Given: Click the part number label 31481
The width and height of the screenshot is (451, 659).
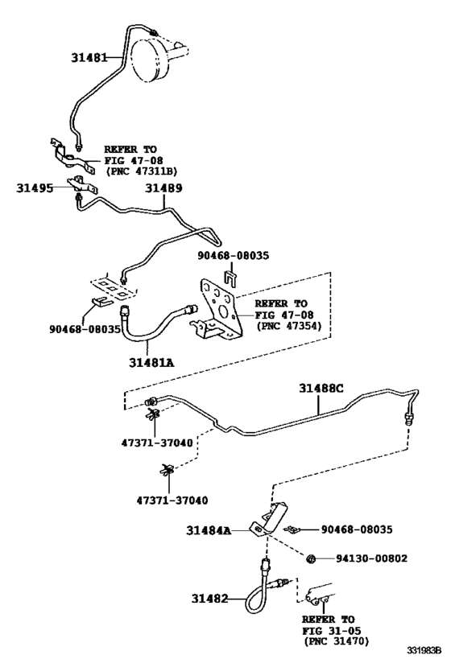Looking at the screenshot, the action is (89, 57).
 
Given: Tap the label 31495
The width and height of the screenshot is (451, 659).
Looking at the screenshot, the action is (35, 187).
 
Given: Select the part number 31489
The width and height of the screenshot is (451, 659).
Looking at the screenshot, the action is (164, 187).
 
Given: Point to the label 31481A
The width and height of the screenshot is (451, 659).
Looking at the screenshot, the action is (151, 362).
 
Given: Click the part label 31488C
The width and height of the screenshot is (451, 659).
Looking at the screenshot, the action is (321, 388).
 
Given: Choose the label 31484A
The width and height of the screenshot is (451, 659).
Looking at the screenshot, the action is (209, 531).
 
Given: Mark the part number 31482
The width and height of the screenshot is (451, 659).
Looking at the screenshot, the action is (209, 598).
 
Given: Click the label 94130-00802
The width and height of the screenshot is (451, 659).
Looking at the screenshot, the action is (371, 558).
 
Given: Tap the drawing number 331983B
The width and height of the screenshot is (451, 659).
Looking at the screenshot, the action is (424, 651).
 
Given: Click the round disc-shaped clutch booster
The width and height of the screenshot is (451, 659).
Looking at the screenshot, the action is (149, 59).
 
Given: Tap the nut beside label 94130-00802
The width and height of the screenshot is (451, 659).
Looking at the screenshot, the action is (311, 559).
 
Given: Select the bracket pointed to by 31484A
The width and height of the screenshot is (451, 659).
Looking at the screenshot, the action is (269, 519).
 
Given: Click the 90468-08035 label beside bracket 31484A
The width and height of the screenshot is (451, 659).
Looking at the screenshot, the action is (357, 529).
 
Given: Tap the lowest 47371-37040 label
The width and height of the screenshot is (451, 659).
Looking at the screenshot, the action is (172, 500).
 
